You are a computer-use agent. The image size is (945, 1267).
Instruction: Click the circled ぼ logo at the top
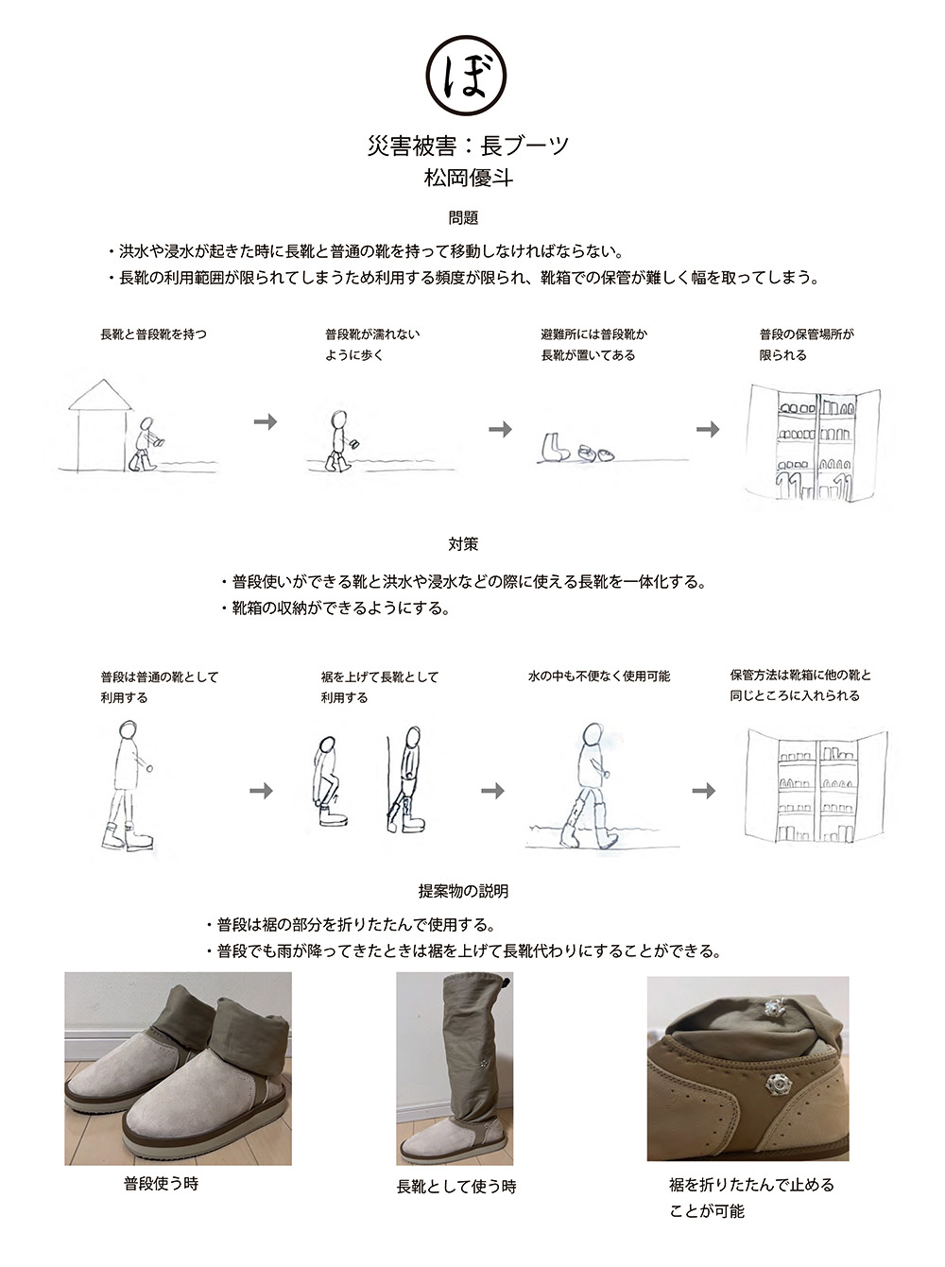point(466,75)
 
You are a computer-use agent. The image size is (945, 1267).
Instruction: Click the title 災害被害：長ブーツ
point(468,146)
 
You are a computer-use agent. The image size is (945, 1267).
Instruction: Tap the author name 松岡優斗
point(468,178)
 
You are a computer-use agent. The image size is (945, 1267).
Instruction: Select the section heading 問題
point(464,217)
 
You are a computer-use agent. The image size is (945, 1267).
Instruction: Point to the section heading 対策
point(464,543)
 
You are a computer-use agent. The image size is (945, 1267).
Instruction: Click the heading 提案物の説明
point(464,891)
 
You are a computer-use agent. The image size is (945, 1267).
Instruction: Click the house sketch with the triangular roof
point(99,425)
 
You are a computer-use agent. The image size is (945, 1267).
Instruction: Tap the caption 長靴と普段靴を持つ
point(153,334)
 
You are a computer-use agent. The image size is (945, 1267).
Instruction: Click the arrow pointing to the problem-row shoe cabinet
point(708,429)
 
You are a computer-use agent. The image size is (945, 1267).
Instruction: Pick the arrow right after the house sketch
point(266,422)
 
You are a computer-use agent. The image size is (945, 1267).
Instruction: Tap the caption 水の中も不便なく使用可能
point(599,676)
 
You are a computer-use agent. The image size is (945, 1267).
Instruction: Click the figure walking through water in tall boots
point(588,786)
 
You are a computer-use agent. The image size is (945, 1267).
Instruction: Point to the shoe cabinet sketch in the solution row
point(816,786)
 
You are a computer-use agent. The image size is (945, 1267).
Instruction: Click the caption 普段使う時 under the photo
point(161,1183)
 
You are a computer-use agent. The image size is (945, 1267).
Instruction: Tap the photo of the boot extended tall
point(455,1068)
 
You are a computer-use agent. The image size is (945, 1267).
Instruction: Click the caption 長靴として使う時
point(456,1186)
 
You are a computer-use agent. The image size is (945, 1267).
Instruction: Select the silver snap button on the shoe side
point(775,1085)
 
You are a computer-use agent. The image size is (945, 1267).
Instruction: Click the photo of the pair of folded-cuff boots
point(178,1068)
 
